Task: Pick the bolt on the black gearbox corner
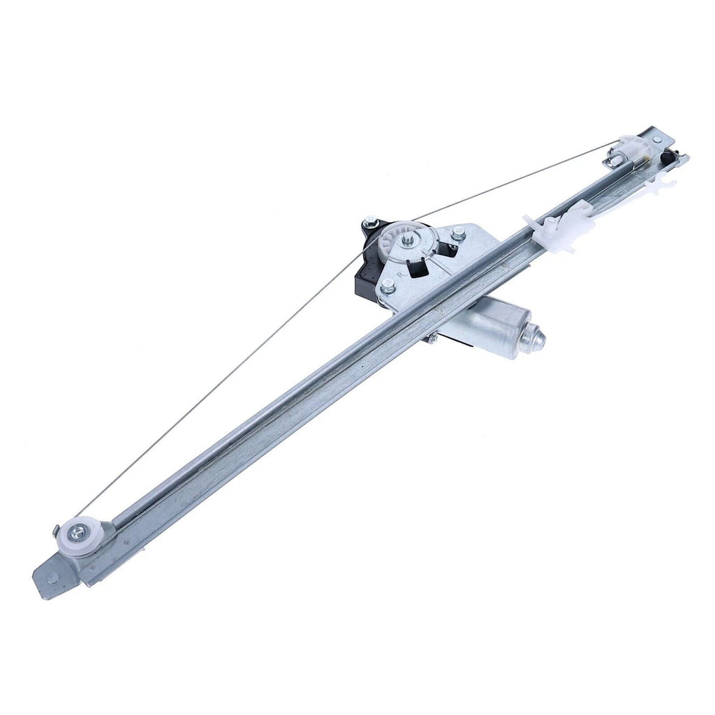370,223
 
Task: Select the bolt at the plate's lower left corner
388,286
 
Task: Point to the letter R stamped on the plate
401,274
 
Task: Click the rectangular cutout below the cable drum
420,267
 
